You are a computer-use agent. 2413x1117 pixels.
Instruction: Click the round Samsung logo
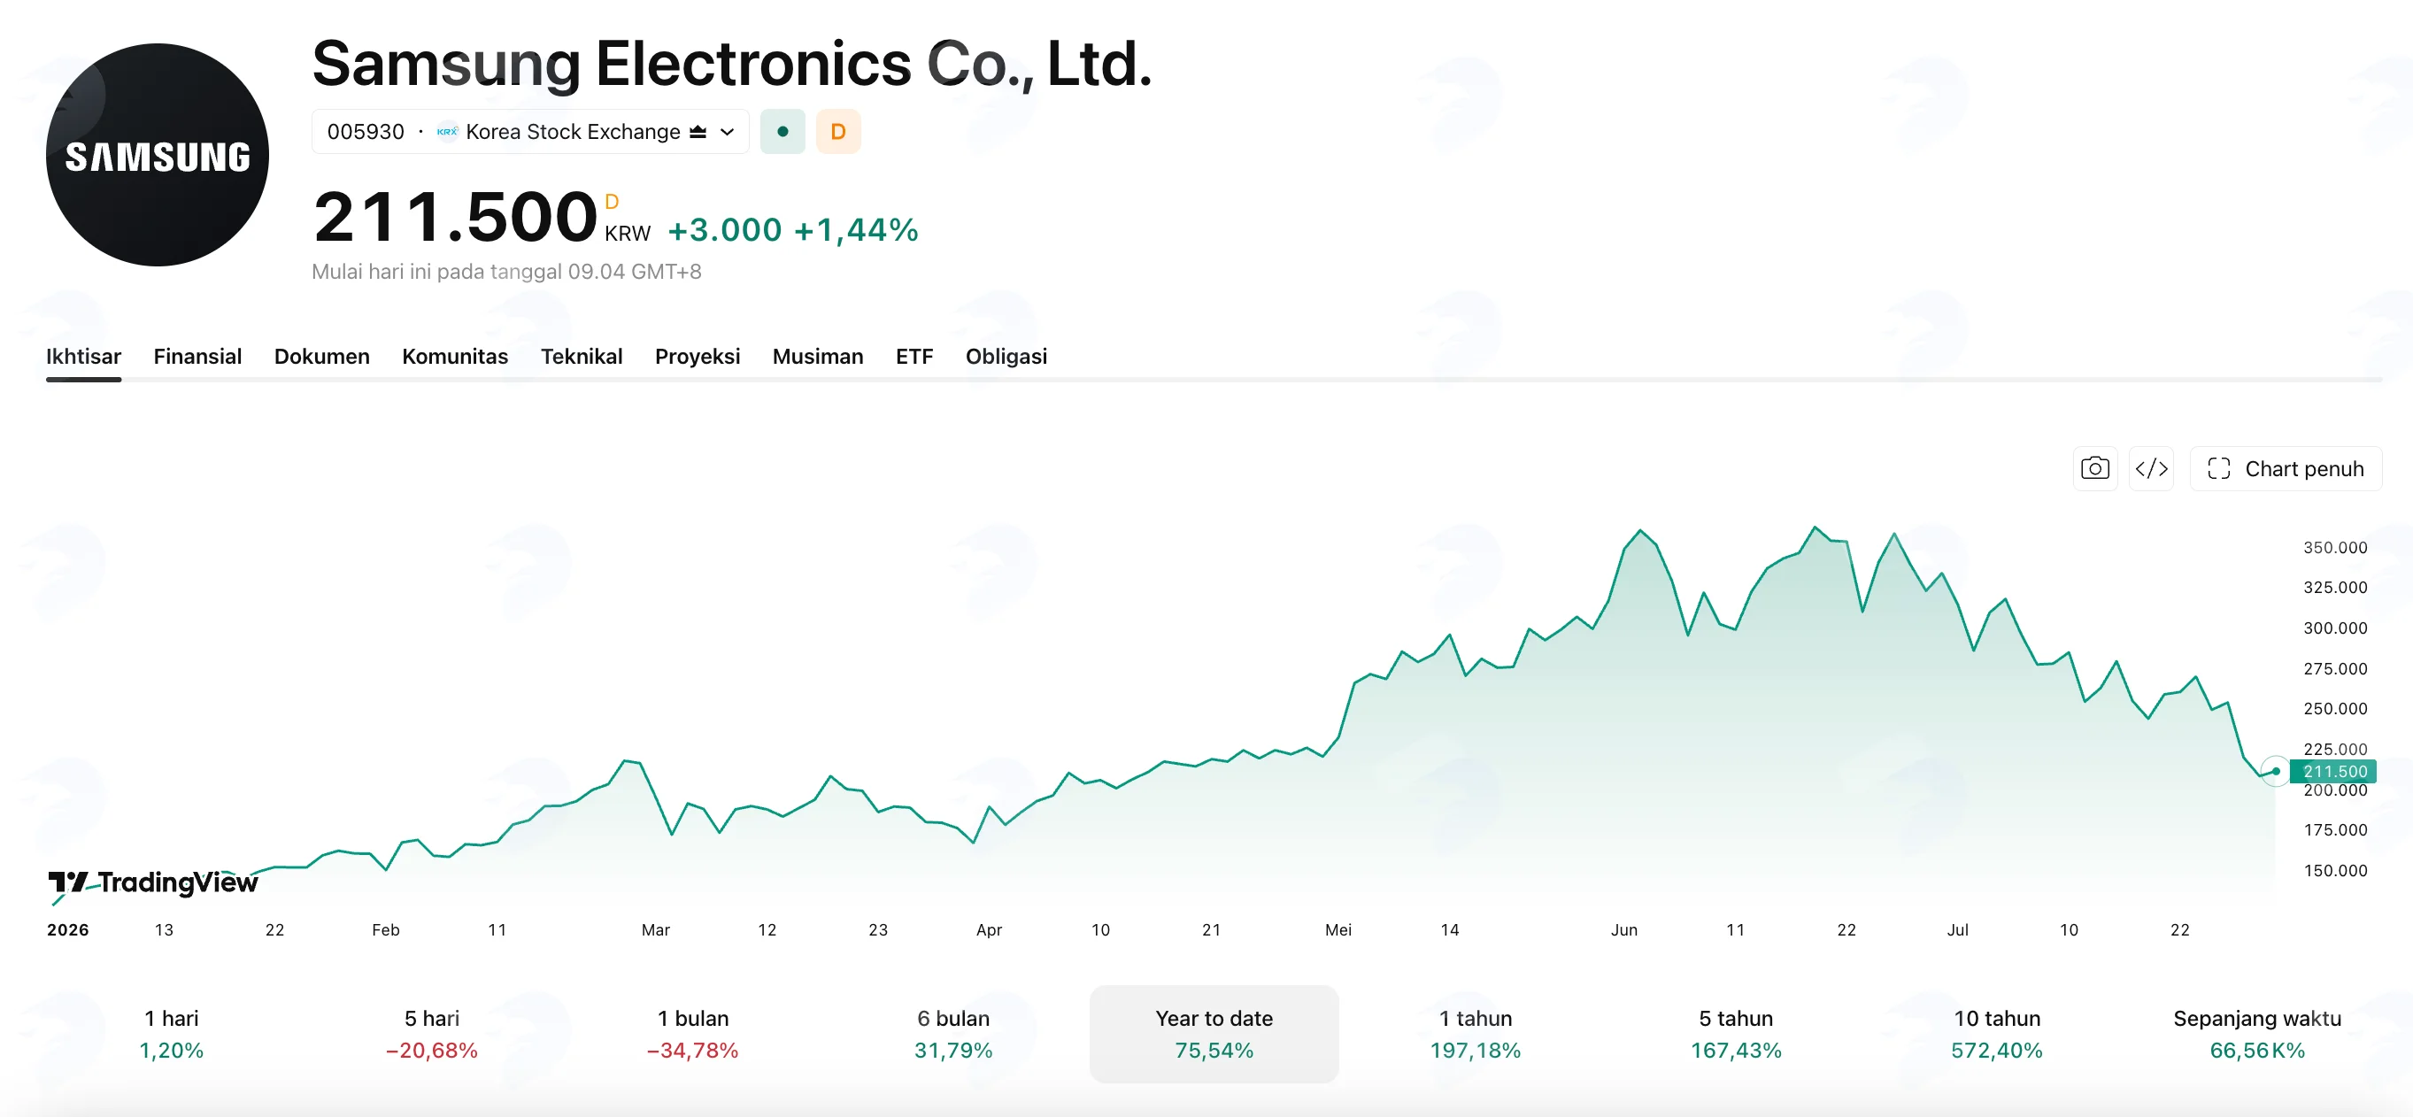(158, 155)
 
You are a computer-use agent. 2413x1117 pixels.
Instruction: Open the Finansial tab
(197, 357)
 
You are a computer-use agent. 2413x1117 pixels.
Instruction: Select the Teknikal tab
(582, 357)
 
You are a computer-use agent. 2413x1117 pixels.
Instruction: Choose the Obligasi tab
(1006, 357)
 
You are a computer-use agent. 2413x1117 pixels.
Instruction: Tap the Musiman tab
(818, 357)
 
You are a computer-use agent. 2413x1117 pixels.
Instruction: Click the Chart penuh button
(2286, 468)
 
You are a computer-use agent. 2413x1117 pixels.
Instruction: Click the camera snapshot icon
(2095, 468)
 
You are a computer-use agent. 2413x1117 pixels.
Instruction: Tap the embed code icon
(2152, 468)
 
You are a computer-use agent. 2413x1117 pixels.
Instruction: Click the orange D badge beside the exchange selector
(838, 132)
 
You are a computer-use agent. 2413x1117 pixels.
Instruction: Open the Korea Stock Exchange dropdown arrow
(727, 132)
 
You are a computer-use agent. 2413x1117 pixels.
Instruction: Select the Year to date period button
(1214, 1034)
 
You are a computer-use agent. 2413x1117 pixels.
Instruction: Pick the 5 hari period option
(432, 1034)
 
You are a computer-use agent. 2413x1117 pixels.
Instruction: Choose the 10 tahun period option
(1997, 1034)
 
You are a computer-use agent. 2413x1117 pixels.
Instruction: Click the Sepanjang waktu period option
(2257, 1034)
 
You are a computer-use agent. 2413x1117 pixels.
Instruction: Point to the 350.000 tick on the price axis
(2335, 548)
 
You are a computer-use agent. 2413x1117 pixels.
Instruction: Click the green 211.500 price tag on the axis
(2333, 772)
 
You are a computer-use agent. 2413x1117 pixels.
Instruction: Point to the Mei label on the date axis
(1338, 929)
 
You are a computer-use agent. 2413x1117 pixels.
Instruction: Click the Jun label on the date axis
(1624, 929)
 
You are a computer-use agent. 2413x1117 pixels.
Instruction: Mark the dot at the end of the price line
(2275, 772)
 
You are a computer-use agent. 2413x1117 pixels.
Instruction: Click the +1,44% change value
(856, 230)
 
